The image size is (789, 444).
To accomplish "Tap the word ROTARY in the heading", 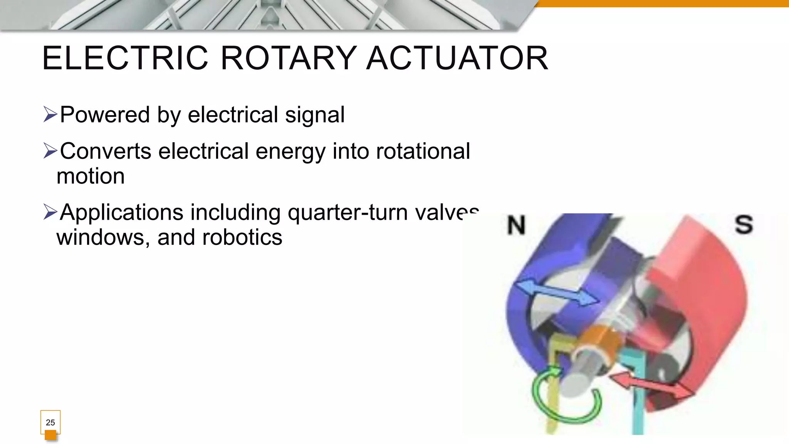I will [x=288, y=58].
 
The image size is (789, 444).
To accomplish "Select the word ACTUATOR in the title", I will [x=457, y=58].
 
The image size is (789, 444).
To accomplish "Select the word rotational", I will [x=423, y=151].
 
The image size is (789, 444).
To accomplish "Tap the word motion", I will [x=91, y=177].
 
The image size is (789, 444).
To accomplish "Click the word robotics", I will [x=242, y=237].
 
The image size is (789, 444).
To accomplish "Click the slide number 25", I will [x=50, y=422].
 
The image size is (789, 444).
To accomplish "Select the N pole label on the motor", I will [x=516, y=225].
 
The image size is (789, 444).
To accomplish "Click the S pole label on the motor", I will [x=744, y=224].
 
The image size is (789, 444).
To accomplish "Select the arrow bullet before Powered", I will [x=50, y=115].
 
